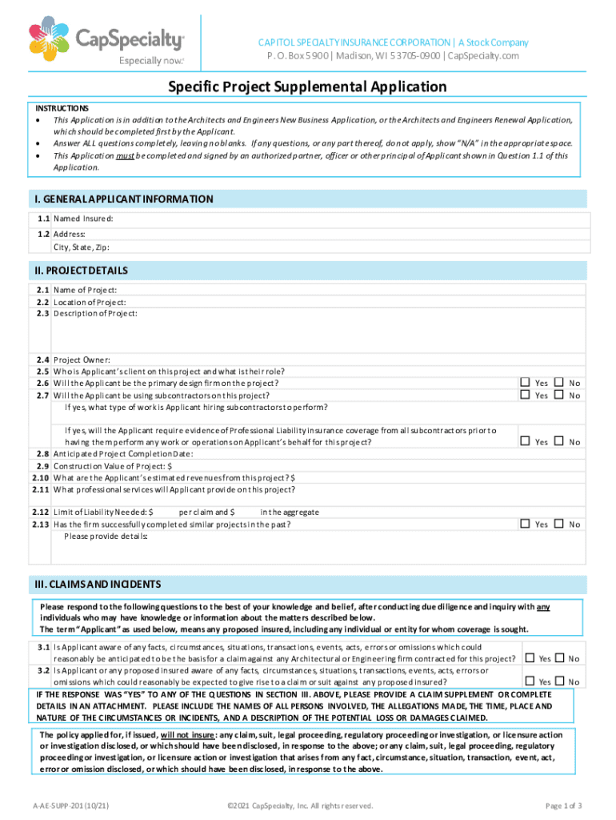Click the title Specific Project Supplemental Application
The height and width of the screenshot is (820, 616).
[307, 86]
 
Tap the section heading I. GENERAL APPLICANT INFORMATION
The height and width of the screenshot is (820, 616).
[122, 199]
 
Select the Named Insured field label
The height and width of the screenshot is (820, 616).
[83, 218]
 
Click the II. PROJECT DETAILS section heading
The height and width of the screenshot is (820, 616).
[81, 271]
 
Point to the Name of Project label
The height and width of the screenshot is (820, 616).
[86, 290]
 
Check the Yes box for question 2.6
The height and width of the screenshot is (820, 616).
[525, 383]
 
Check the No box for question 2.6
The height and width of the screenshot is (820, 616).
[559, 383]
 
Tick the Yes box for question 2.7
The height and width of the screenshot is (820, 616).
[525, 395]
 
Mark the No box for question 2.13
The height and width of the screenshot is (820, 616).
[559, 524]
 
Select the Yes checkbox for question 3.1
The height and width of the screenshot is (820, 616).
[529, 658]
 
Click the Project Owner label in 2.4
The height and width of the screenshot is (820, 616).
[82, 360]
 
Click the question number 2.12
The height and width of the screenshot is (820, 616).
[41, 511]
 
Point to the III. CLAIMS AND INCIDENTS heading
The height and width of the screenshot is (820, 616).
[97, 584]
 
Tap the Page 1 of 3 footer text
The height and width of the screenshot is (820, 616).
[562, 806]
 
